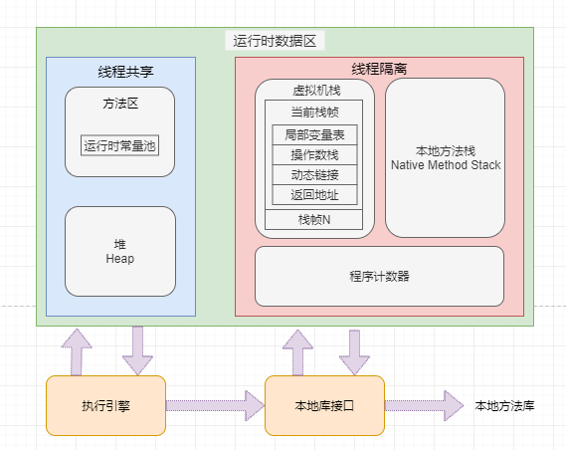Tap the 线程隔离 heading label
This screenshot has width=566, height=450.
tap(379, 69)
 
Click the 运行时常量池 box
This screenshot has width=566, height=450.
tap(120, 145)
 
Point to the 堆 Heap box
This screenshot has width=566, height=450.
tap(119, 251)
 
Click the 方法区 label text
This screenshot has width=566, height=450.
tap(119, 102)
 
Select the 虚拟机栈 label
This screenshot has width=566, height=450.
tap(313, 90)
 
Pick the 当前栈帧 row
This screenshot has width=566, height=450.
tap(314, 112)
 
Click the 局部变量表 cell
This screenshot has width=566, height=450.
tap(314, 134)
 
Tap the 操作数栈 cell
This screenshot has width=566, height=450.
tap(314, 154)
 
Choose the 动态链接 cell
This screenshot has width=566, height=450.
tap(314, 174)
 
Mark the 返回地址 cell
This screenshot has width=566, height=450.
tap(314, 194)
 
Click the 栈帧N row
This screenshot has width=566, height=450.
tap(314, 219)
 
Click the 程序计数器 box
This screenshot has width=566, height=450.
tap(379, 276)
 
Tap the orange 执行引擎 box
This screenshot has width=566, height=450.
tap(105, 405)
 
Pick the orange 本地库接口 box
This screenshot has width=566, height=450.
tap(324, 405)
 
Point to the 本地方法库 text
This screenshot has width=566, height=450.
tap(504, 405)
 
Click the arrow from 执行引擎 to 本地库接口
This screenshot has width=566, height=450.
tap(215, 405)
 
